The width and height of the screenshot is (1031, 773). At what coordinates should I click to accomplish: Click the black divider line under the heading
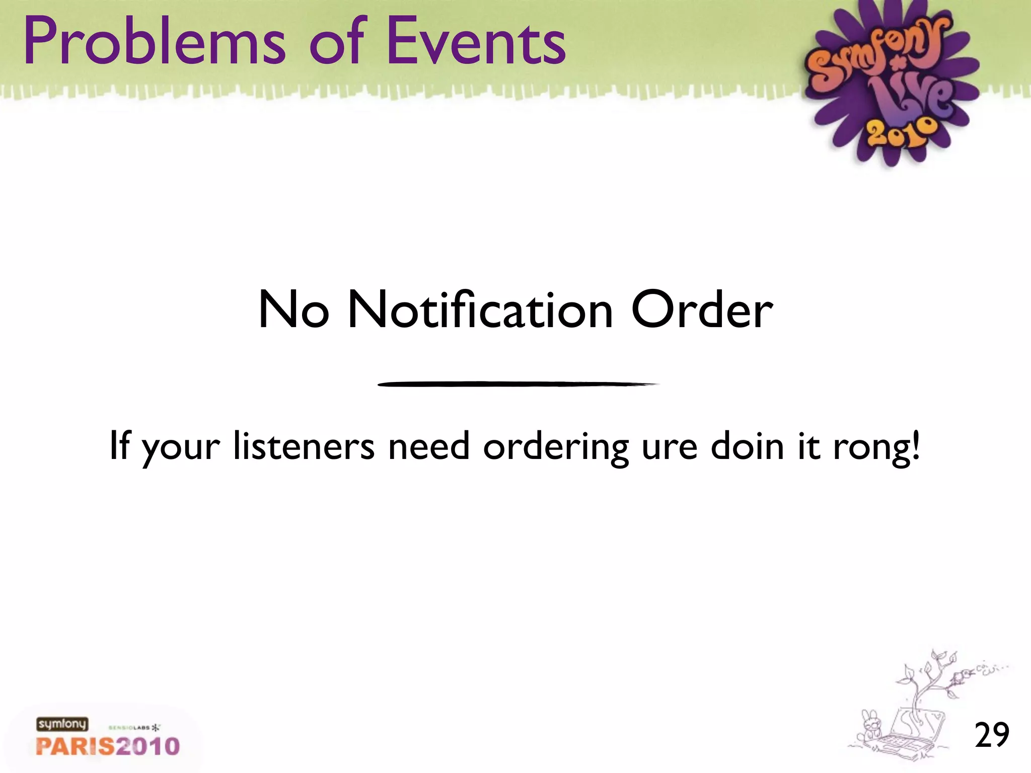pos(518,384)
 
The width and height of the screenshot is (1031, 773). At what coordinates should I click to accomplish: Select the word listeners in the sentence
pos(304,446)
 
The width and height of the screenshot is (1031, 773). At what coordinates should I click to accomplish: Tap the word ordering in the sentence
pos(556,447)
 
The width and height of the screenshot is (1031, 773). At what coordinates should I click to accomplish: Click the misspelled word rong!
pos(876,447)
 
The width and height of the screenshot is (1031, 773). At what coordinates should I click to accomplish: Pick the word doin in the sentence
pos(747,446)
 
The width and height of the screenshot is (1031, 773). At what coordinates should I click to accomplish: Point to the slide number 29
pos(991,735)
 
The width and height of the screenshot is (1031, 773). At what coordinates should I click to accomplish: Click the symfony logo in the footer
pos(62,725)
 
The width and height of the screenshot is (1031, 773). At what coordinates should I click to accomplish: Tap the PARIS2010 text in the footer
pos(108,746)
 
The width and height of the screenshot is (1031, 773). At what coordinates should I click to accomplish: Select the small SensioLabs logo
pos(134,728)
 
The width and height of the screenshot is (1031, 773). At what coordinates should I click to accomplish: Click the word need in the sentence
pos(428,446)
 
